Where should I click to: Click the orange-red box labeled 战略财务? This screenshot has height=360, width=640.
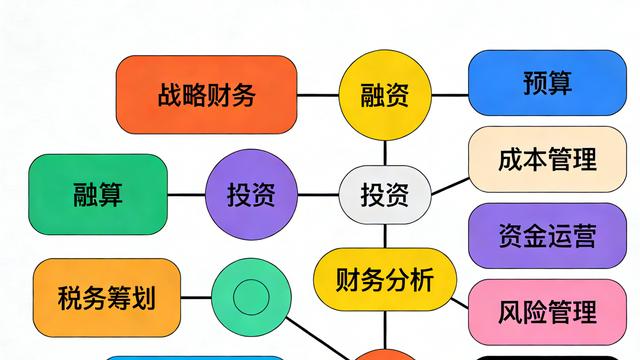pyautogui.click(x=206, y=96)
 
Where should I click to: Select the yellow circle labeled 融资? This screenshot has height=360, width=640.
pyautogui.click(x=384, y=96)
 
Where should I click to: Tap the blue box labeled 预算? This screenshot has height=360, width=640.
pyautogui.click(x=547, y=84)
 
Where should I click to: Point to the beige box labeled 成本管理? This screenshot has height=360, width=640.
pyautogui.click(x=547, y=160)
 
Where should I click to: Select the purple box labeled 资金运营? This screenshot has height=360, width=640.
pyautogui.click(x=547, y=236)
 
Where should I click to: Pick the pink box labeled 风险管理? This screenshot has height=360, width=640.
pyautogui.click(x=547, y=312)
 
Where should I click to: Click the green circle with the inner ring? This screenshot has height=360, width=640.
pyautogui.click(x=251, y=297)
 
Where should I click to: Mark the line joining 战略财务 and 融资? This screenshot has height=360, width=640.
pyautogui.click(x=318, y=96)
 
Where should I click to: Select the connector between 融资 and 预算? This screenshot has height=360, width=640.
pyautogui.click(x=449, y=96)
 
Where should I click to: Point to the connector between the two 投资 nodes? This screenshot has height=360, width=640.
pyautogui.click(x=319, y=194)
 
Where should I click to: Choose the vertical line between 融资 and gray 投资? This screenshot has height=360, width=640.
pyautogui.click(x=384, y=150)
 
